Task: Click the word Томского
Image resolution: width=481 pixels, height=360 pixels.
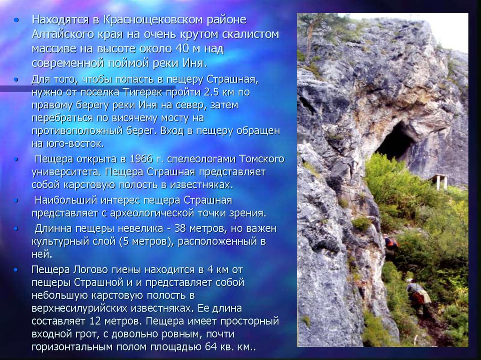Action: click(261, 159)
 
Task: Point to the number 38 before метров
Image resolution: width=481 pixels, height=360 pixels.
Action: click(181, 229)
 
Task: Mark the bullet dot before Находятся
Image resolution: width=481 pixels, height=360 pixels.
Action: click(16, 20)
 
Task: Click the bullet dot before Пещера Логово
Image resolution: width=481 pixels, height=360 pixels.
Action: click(16, 270)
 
